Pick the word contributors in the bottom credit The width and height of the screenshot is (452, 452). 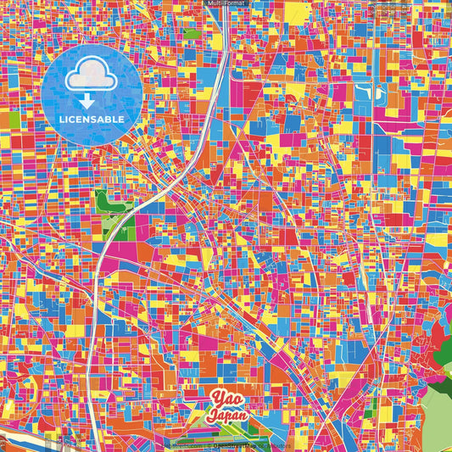[x=280, y=444]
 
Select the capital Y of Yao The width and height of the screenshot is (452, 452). [x=215, y=399]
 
